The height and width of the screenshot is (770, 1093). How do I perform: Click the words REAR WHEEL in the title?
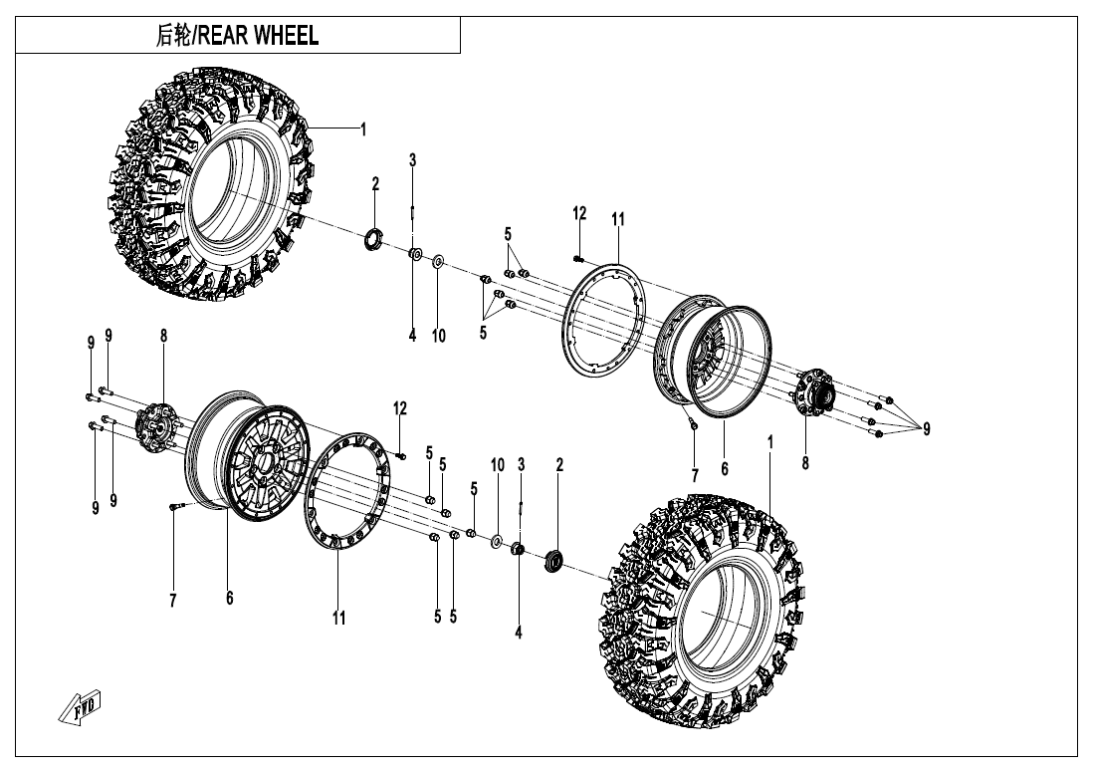(x=259, y=37)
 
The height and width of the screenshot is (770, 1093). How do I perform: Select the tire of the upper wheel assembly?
(x=214, y=184)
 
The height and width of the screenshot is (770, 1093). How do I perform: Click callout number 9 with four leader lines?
(x=926, y=429)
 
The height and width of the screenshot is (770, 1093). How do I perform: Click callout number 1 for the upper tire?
(x=363, y=128)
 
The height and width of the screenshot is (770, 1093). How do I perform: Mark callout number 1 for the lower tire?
(x=769, y=439)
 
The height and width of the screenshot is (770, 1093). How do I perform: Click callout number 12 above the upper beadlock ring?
(x=579, y=213)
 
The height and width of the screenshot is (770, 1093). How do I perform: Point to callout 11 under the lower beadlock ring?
(x=339, y=619)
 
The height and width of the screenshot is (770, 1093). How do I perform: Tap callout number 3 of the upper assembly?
(x=412, y=159)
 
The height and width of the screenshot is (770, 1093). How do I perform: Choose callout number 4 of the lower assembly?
(x=519, y=631)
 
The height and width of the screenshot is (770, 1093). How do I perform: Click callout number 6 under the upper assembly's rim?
(x=724, y=468)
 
